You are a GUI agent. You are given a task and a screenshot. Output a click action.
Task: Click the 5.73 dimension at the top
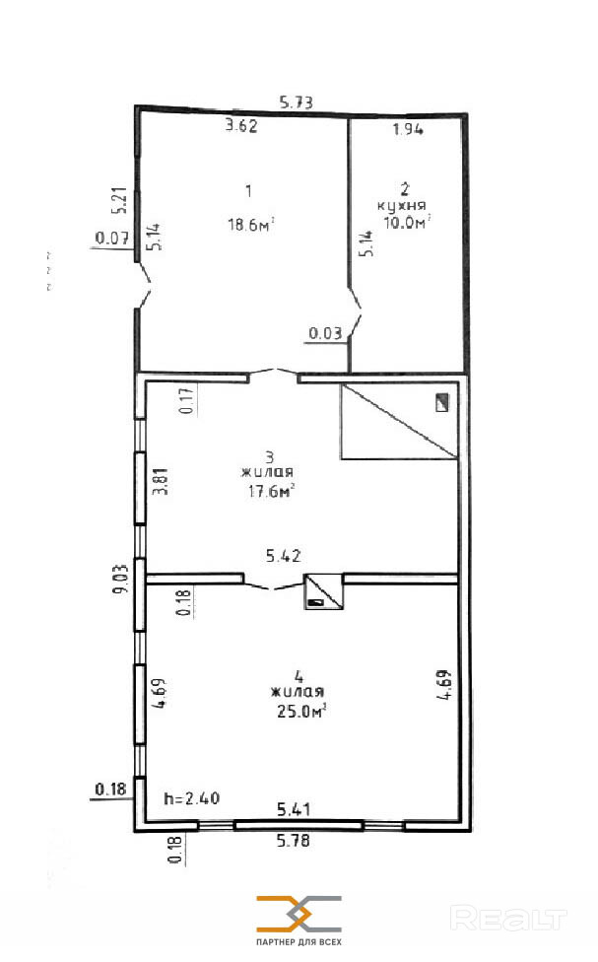(x=297, y=102)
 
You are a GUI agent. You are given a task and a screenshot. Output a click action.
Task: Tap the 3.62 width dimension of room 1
(x=241, y=126)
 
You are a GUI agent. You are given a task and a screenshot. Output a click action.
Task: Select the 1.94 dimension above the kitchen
(x=408, y=129)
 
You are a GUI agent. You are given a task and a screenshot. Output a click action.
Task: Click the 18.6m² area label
(x=251, y=225)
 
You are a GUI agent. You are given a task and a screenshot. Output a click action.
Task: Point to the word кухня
(x=402, y=206)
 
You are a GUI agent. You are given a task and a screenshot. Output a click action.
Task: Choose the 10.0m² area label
(x=407, y=222)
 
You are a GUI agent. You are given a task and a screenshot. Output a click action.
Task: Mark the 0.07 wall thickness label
(x=112, y=238)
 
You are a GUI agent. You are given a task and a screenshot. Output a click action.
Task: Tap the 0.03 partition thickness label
(x=325, y=333)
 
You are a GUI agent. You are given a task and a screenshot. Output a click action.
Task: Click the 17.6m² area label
(x=271, y=491)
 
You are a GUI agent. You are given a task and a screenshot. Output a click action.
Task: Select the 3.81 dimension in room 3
(x=160, y=482)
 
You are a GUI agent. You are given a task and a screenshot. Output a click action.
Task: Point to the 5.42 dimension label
(x=284, y=556)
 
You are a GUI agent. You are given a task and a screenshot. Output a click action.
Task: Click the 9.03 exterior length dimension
(x=121, y=578)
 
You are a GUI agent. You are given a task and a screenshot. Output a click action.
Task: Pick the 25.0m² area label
(x=301, y=711)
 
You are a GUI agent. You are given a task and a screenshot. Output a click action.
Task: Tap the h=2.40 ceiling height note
(x=192, y=798)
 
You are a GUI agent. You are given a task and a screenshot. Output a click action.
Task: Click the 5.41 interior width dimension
(x=294, y=809)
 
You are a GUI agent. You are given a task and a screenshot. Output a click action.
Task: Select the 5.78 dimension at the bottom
(x=294, y=840)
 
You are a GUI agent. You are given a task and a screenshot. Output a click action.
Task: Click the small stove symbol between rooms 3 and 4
(x=324, y=591)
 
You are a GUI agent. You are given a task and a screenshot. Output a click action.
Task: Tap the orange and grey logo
(x=299, y=914)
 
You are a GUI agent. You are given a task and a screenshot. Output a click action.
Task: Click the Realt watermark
(x=508, y=919)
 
